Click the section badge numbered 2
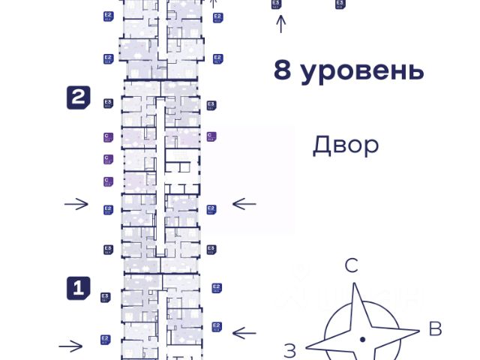click(79, 97)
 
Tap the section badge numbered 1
click(79, 287)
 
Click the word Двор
click(346, 145)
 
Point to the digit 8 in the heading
click(282, 71)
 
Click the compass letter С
click(351, 265)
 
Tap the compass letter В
click(434, 328)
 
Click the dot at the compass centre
click(362, 340)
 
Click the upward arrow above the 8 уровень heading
click(281, 24)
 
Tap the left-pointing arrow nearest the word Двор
click(244, 203)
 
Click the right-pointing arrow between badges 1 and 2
click(76, 204)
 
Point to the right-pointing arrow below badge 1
click(70, 346)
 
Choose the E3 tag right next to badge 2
click(108, 103)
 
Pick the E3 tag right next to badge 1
click(106, 298)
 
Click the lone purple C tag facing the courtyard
click(211, 136)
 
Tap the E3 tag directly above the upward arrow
click(277, 4)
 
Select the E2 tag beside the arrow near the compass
click(217, 326)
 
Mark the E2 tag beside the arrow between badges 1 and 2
click(108, 210)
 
